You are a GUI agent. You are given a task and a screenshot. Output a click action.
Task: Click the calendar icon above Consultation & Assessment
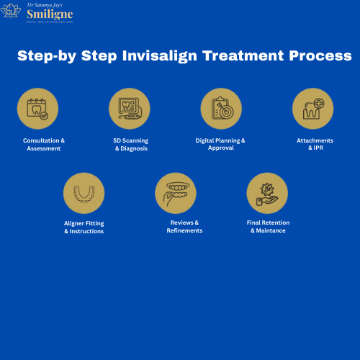37,109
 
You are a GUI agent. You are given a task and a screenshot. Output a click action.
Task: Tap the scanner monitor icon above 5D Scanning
130,109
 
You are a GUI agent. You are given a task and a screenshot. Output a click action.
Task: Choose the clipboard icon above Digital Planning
221,109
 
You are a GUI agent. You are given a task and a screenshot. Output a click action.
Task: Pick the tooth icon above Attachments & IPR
312,109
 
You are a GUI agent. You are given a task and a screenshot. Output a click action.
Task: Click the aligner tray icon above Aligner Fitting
84,192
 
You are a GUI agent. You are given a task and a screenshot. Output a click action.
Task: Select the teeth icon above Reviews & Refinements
176,192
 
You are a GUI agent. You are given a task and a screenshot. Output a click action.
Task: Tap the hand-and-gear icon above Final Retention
267,192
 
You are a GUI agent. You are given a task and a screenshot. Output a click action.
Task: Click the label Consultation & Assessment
43,144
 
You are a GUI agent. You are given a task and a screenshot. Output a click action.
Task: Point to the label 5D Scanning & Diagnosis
130,144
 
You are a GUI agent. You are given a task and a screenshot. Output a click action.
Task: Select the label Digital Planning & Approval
220,144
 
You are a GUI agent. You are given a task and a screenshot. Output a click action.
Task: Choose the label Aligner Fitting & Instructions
84,227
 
